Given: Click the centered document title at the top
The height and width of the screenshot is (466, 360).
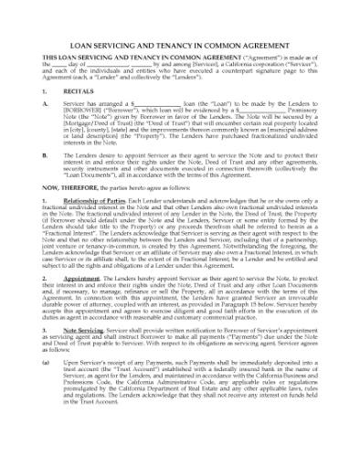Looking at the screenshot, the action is pyautogui.click(x=179, y=45).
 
